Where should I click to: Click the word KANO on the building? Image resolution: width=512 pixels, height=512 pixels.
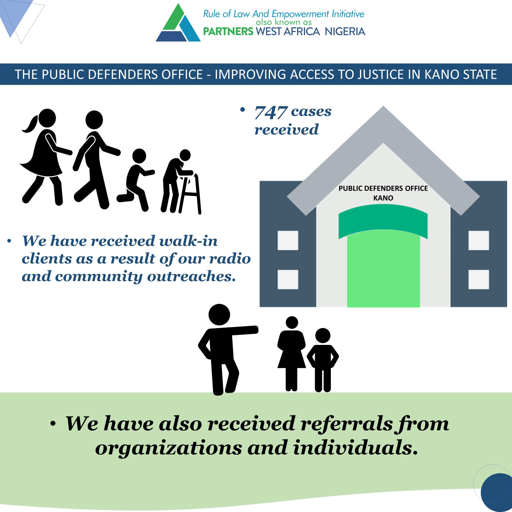coord(383,198)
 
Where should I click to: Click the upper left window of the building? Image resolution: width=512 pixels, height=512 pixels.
coord(288,240)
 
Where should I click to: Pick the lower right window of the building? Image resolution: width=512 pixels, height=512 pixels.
coord(479,279)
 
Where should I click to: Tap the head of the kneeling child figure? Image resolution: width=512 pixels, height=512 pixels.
coord(139,156)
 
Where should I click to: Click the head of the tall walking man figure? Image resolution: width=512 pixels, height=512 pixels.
coord(94,120)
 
